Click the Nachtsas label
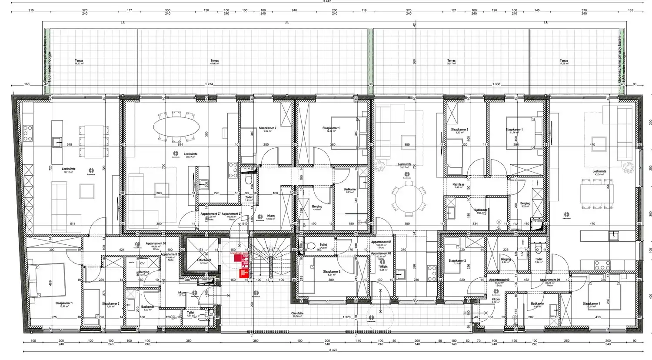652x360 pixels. click(x=458, y=185)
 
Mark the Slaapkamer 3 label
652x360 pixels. click(x=332, y=272)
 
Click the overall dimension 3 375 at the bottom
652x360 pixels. click(x=333, y=350)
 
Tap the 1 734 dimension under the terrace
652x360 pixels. click(x=209, y=84)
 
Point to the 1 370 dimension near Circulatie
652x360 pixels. click(x=346, y=317)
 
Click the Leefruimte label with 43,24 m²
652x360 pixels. click(x=599, y=172)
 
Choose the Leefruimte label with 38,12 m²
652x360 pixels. click(x=69, y=170)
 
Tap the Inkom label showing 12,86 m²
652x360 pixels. click(x=270, y=217)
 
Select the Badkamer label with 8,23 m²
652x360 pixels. click(x=350, y=190)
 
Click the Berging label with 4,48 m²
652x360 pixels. click(x=317, y=207)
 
